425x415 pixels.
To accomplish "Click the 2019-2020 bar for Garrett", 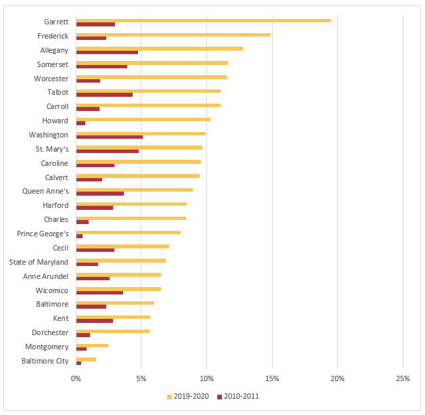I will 203,20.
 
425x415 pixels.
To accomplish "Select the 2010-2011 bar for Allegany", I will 107,52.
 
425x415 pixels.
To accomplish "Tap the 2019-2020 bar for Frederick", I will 173,35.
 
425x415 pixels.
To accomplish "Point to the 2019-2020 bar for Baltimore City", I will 86,359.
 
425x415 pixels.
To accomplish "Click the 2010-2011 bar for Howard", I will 81,123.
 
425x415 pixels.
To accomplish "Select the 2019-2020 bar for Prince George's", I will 128,232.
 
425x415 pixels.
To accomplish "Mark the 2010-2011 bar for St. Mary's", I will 107,151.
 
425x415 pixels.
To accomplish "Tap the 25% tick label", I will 403,378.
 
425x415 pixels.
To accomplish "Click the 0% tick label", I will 76,378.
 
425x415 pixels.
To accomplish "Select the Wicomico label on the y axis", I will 51,290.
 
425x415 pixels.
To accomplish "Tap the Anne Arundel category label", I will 46,276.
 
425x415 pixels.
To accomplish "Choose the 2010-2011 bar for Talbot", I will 104,95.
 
